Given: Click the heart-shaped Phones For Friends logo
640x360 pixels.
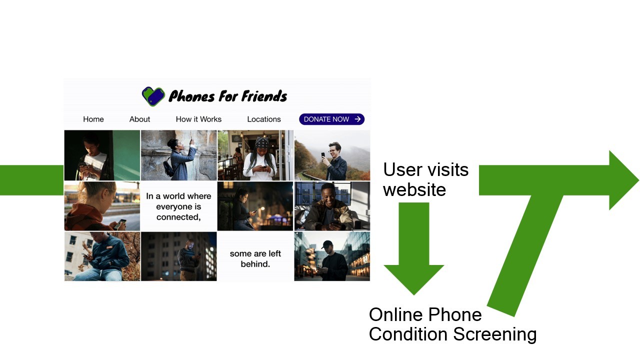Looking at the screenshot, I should point(153,96).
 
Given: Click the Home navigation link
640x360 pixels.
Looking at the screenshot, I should point(93,119).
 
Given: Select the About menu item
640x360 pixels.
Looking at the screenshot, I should point(139,119).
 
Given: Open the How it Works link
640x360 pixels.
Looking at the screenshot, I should point(198,119).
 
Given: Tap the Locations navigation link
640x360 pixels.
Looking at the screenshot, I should point(264,119).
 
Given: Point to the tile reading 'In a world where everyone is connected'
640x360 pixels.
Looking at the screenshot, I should point(178,206).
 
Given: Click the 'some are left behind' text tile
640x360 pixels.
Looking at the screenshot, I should point(255,258).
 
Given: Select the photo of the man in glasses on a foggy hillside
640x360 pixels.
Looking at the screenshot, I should point(332,155).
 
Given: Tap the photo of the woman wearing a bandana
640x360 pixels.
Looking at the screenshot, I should point(255,155).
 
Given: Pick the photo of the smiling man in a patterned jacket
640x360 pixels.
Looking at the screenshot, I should point(332,206).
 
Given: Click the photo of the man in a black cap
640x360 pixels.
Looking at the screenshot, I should point(332,256).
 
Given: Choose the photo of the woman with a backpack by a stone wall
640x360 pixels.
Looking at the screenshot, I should point(178,155).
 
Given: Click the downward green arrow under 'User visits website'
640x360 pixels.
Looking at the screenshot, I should point(414,250).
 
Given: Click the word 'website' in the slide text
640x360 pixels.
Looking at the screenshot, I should point(414,189).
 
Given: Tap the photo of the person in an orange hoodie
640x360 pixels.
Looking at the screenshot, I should point(102,206).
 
